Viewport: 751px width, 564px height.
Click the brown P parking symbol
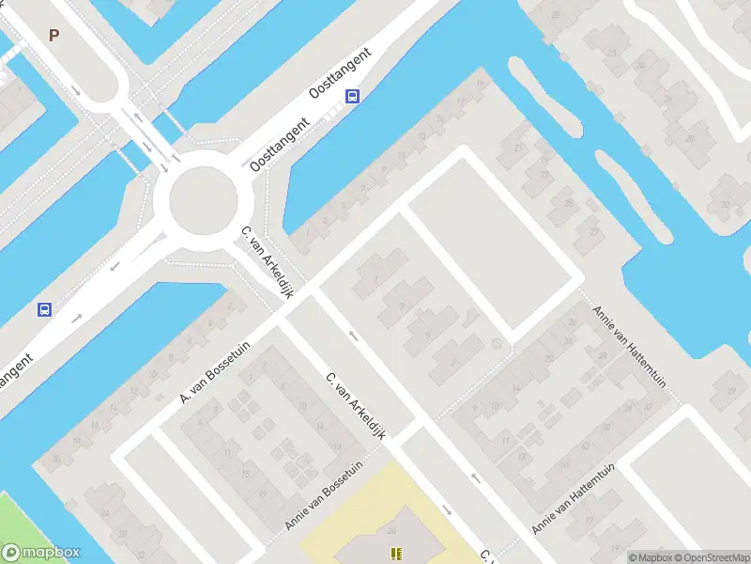pos(54,36)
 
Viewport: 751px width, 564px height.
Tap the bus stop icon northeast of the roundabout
pos(352,96)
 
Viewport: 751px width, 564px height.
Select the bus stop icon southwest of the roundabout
pos(43,309)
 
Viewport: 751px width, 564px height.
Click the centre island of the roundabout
pos(203,198)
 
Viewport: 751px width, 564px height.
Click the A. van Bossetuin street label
pos(218,370)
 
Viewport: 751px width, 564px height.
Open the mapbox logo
pos(41,553)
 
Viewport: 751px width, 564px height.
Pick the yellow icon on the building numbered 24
pos(396,554)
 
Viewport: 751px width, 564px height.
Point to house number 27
pos(593,230)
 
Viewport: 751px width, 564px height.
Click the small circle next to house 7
pos(497,344)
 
